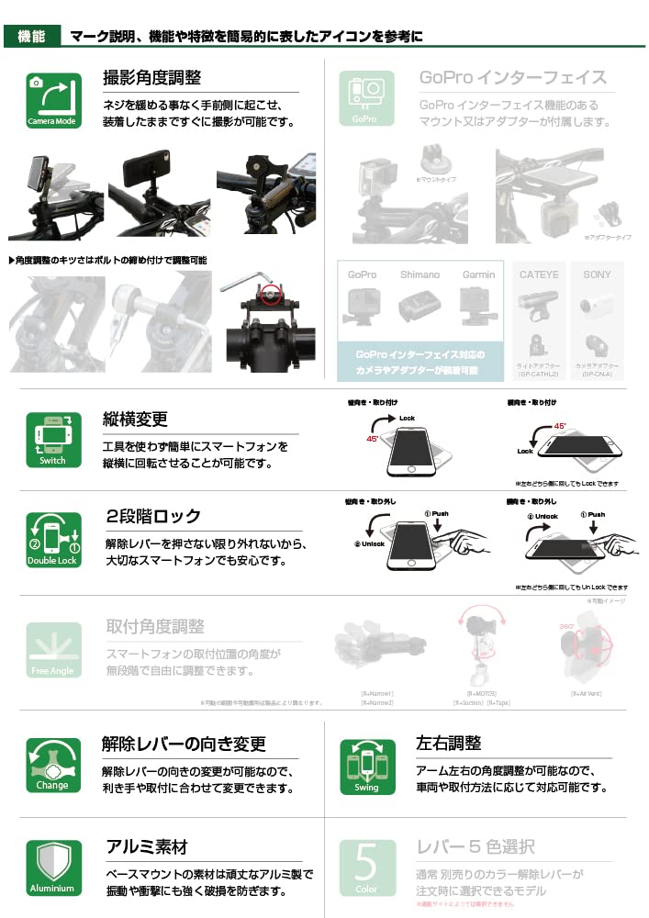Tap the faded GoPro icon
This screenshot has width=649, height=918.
point(366,98)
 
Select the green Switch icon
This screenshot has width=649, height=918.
point(52,440)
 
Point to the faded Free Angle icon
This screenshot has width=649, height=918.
point(52,650)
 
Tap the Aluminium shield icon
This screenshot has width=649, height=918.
point(52,868)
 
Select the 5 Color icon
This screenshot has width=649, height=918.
point(366,868)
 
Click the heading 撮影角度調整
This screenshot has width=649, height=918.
point(152,78)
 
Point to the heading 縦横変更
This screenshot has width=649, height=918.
point(136,420)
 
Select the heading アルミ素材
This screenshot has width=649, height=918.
point(147,846)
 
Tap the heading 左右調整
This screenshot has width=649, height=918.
point(448,742)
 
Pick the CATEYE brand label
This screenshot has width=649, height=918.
point(540,274)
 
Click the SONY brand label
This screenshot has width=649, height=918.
point(597,274)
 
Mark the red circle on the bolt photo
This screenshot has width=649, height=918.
point(269,296)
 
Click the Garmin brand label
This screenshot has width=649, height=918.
point(478,274)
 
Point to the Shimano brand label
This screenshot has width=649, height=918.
point(420,274)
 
